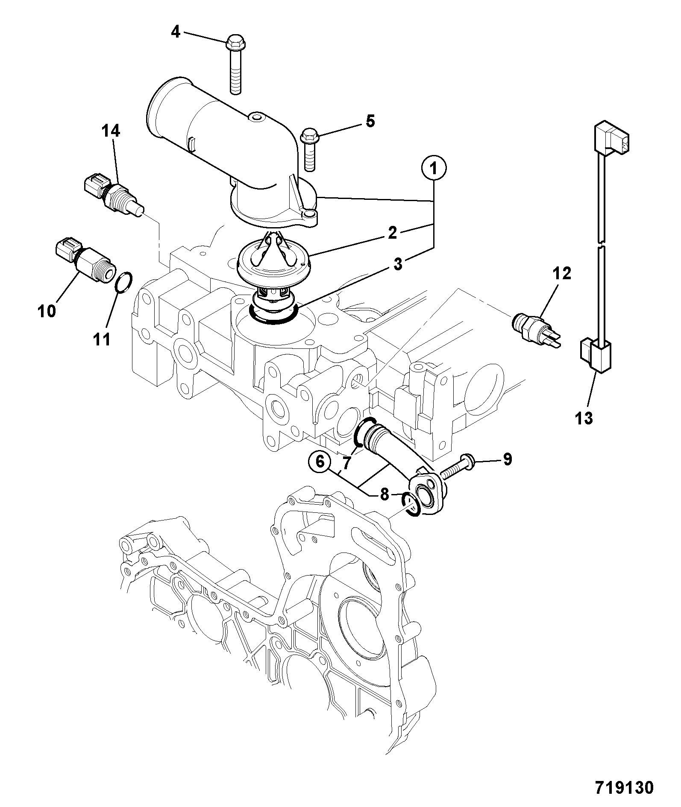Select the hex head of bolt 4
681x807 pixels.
[x=234, y=41]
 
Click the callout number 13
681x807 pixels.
[x=584, y=418]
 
